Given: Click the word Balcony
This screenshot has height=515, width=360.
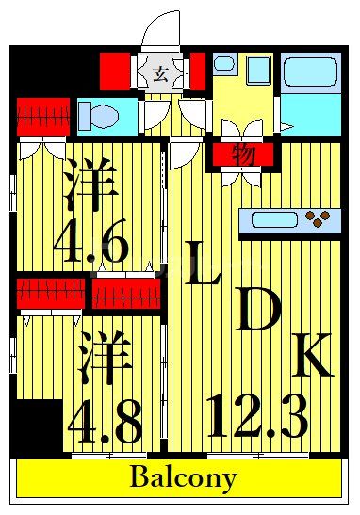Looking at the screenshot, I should pos(183,477).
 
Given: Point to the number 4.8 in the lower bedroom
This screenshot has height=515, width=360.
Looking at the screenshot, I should pos(104,423).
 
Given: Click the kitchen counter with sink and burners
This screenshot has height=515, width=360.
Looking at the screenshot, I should pos(288,220).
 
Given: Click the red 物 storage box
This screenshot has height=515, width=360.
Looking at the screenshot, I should pos(242,153).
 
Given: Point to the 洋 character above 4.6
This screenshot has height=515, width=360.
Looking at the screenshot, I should pos(90,184).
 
